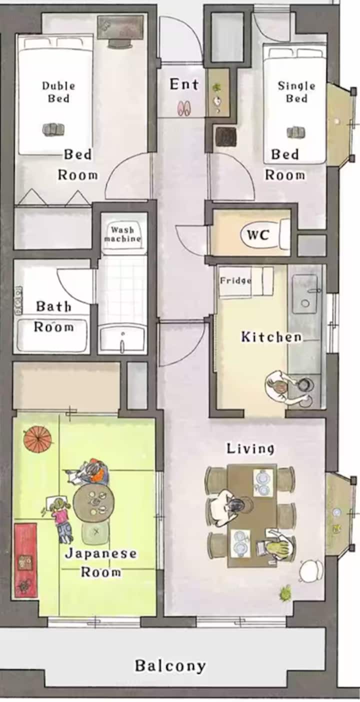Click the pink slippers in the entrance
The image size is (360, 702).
pyautogui.click(x=184, y=107)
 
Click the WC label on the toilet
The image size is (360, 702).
pyautogui.click(x=257, y=234)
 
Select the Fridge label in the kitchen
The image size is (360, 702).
pyautogui.click(x=235, y=280)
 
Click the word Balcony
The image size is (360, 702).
pyautogui.click(x=171, y=665)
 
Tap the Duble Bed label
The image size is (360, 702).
pyautogui.click(x=58, y=92)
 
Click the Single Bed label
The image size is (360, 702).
pyautogui.click(x=296, y=92)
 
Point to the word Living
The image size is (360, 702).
pyautogui.click(x=250, y=449)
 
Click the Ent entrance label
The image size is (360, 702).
pyautogui.click(x=184, y=84)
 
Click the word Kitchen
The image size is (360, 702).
pyautogui.click(x=271, y=337)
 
